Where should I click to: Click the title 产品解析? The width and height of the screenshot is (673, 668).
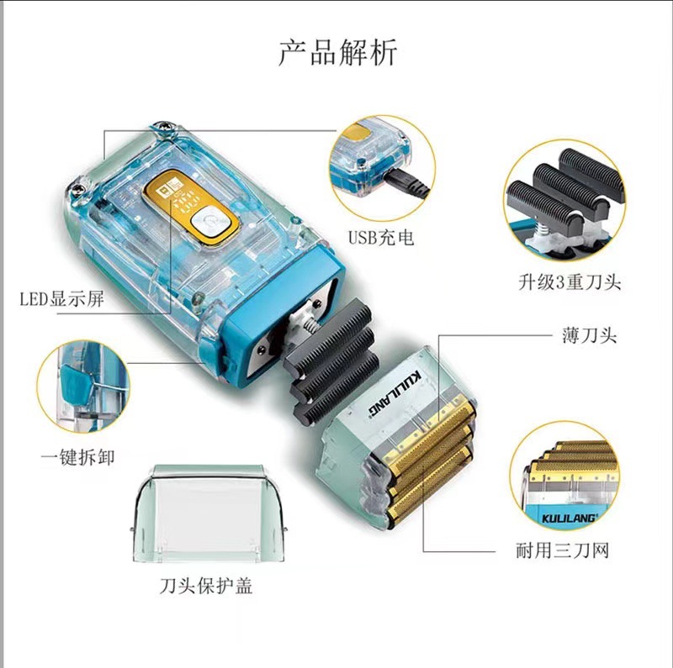pyautogui.click(x=338, y=52)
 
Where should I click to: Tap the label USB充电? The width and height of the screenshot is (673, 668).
pyautogui.click(x=381, y=237)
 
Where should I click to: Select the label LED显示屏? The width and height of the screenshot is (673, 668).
pyautogui.click(x=61, y=298)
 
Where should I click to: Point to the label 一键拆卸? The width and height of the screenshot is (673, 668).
pyautogui.click(x=78, y=457)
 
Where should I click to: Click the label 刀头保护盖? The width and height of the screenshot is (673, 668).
pyautogui.click(x=206, y=586)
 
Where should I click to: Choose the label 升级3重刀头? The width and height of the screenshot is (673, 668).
pyautogui.click(x=570, y=282)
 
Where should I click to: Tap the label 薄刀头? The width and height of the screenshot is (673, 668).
pyautogui.click(x=590, y=335)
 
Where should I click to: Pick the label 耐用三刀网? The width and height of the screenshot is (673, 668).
pyautogui.click(x=563, y=550)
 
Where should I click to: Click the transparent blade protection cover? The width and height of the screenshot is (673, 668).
pyautogui.click(x=209, y=513)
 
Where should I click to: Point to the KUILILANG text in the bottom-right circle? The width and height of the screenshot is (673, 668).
pyautogui.click(x=569, y=518)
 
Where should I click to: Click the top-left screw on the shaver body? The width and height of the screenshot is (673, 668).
pyautogui.click(x=163, y=126)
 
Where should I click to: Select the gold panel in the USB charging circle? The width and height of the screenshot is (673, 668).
pyautogui.click(x=357, y=134)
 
